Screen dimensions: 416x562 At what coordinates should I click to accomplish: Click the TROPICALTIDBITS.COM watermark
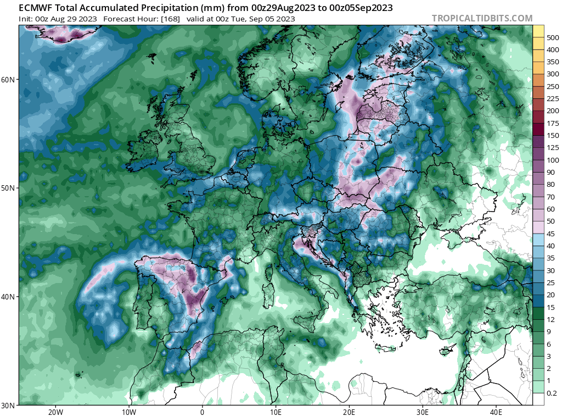[x=482, y=18]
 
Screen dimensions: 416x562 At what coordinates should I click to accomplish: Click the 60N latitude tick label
[x=9, y=80]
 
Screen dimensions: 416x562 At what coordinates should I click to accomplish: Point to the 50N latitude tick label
[x=9, y=188]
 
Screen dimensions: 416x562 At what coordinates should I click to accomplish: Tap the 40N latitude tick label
[x=9, y=297]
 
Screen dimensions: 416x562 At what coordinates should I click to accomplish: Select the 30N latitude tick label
[x=9, y=405]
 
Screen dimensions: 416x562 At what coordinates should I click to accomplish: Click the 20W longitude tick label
[x=55, y=412]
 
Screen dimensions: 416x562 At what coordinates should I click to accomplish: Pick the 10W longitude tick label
[x=129, y=412]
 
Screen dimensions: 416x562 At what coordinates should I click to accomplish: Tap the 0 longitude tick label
[x=203, y=412]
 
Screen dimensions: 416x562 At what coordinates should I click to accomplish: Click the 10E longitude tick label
[x=276, y=412]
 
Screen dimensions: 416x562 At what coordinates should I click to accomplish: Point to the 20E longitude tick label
[x=349, y=412]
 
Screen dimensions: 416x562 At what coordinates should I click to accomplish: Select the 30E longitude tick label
[x=423, y=412]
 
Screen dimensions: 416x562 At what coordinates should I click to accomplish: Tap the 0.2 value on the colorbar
[x=552, y=393]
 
